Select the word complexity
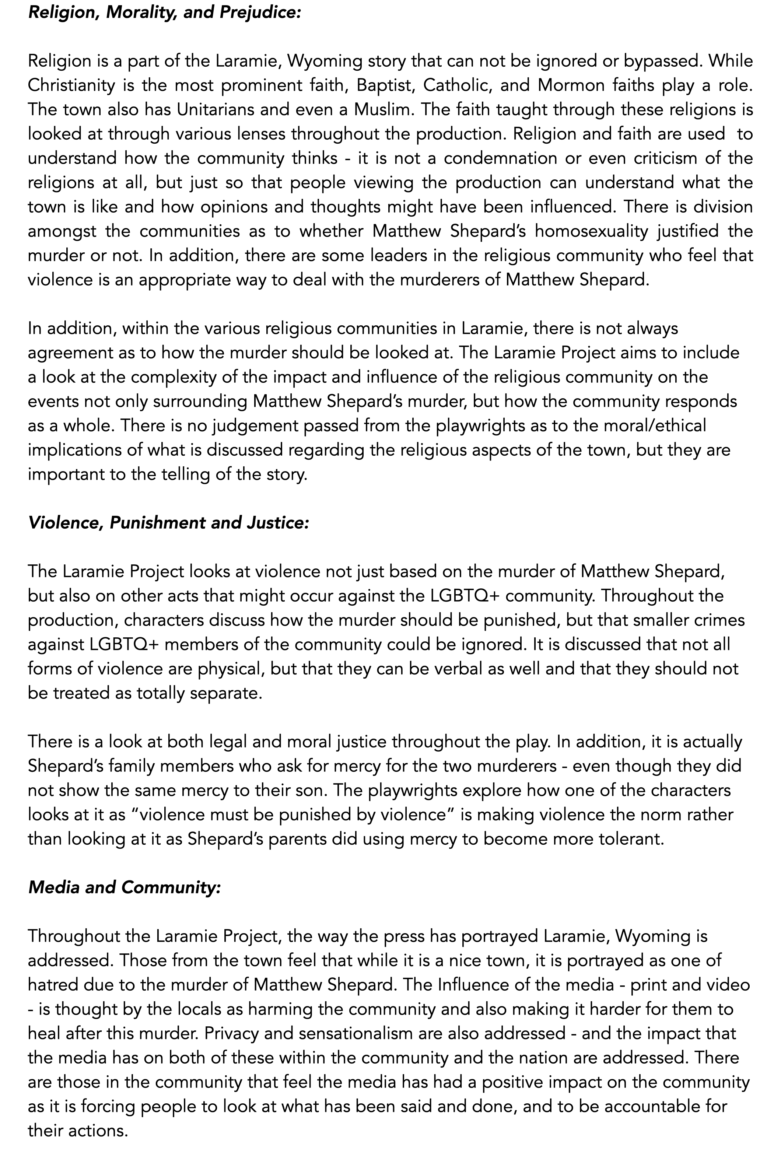click(165, 377)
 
